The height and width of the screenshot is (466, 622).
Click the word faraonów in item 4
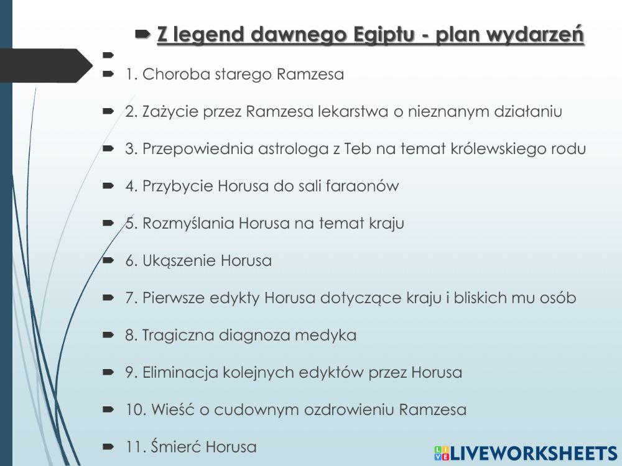pos(363,186)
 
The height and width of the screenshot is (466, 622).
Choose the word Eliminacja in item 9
pos(180,372)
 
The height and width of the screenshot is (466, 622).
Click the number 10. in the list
pos(134,409)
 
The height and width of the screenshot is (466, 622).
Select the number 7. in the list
pos(131,298)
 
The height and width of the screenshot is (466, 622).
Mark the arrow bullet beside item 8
pos(108,336)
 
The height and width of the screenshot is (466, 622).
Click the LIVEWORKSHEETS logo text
pos(534,453)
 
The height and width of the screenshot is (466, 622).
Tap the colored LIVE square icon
pos(441,453)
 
